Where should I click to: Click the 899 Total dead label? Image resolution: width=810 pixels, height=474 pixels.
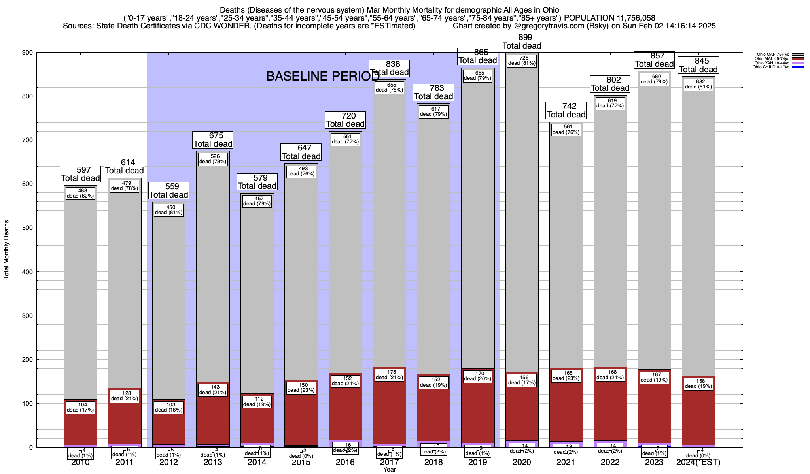pos(522,41)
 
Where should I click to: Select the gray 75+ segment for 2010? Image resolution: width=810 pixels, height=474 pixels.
pos(80,296)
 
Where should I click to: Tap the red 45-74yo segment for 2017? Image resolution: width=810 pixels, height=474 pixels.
pos(389,411)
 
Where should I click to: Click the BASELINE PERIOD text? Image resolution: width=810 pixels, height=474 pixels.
pos(323,76)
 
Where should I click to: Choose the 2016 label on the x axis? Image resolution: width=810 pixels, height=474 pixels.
pos(345,462)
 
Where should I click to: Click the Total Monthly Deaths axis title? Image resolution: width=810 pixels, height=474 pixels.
pos(6,250)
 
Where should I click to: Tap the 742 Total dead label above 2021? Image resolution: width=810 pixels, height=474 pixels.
pos(566,111)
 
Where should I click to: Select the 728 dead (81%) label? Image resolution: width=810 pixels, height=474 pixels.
pos(522,60)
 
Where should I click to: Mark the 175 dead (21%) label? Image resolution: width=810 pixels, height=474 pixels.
pos(389,374)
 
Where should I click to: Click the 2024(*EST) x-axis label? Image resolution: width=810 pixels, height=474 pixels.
pos(698,462)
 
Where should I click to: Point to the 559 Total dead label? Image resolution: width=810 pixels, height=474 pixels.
pos(169,191)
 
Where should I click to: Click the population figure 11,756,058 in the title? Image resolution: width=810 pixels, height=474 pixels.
pos(630,18)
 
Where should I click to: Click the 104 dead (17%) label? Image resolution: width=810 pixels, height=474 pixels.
pos(80,407)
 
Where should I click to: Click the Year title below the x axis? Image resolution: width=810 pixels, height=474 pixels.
pos(389,470)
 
